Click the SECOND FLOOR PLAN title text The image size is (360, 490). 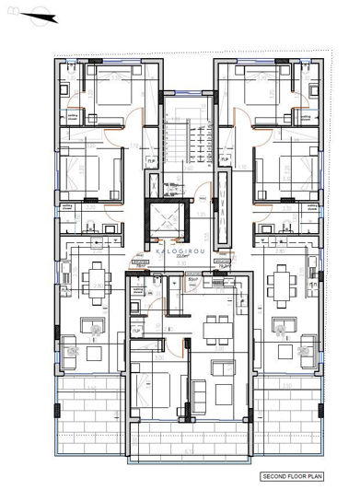coord(293,477)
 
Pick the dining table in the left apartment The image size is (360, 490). coord(95,280)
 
